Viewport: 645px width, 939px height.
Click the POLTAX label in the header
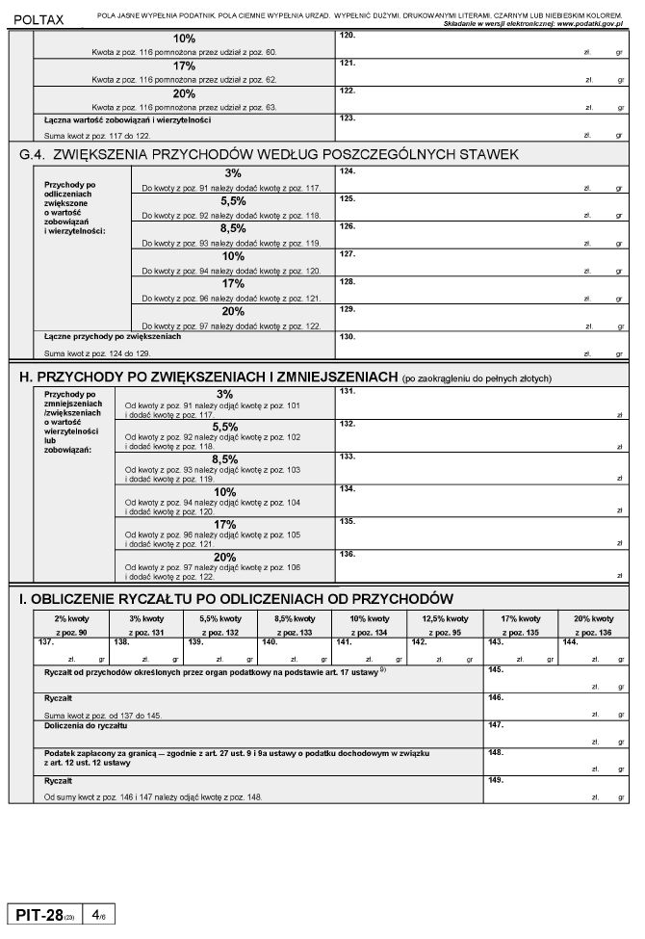(x=39, y=19)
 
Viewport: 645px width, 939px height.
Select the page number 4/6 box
(x=99, y=913)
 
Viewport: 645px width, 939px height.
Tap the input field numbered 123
(x=481, y=128)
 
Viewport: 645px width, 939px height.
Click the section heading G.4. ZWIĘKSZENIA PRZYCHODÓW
(x=270, y=154)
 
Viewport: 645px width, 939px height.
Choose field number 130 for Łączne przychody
(x=481, y=345)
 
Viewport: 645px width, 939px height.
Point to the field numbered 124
(x=481, y=179)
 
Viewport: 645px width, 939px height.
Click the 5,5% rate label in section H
(x=225, y=427)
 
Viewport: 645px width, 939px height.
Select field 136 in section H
(x=481, y=566)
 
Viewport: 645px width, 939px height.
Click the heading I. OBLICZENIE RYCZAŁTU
(x=236, y=599)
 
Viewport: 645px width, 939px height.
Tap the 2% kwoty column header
(x=72, y=618)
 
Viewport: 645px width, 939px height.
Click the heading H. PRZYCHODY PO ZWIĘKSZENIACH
(x=207, y=377)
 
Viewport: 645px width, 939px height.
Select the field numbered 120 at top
(x=481, y=44)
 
